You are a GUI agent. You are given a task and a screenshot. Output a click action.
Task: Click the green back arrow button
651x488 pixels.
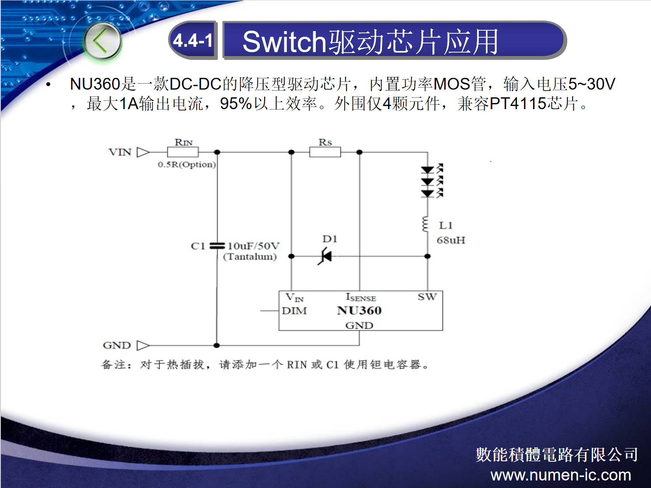pos(103,41)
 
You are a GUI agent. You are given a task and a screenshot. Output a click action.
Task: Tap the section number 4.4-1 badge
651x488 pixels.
pos(193,40)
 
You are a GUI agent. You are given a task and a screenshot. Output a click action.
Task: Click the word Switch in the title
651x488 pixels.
pos(284,42)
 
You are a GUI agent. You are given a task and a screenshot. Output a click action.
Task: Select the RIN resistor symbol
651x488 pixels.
pos(183,152)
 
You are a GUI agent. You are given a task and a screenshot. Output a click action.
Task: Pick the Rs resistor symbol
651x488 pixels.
pos(325,152)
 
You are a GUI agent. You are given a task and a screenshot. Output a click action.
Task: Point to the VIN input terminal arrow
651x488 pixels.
pos(143,152)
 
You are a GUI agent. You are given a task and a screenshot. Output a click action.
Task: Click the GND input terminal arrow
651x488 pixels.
pos(143,345)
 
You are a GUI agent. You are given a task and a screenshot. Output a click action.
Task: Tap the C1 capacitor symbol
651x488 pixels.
pos(217,246)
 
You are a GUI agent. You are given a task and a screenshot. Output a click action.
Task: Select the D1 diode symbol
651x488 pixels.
pos(325,256)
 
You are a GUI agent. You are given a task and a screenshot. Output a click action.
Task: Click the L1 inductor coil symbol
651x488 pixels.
pos(426,224)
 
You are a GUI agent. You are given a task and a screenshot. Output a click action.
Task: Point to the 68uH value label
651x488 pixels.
pos(451,240)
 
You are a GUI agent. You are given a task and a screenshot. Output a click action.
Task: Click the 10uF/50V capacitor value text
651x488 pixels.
pos(254,246)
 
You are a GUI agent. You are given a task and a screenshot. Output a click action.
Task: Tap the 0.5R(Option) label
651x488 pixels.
pos(187,165)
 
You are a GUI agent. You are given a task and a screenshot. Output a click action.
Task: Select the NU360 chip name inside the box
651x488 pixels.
pos(359,311)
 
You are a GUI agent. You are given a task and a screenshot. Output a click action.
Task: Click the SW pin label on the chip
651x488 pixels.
pos(427,297)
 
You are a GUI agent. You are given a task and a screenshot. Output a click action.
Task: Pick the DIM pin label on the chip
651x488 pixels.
pos(294,311)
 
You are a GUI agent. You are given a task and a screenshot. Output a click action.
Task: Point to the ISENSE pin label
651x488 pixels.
pos(361,297)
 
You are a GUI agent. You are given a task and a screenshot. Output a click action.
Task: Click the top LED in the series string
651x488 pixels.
pos(428,170)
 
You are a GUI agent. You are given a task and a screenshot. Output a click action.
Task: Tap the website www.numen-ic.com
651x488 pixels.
pos(561,475)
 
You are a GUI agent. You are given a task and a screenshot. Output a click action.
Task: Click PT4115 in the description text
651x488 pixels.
pos(518,103)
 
